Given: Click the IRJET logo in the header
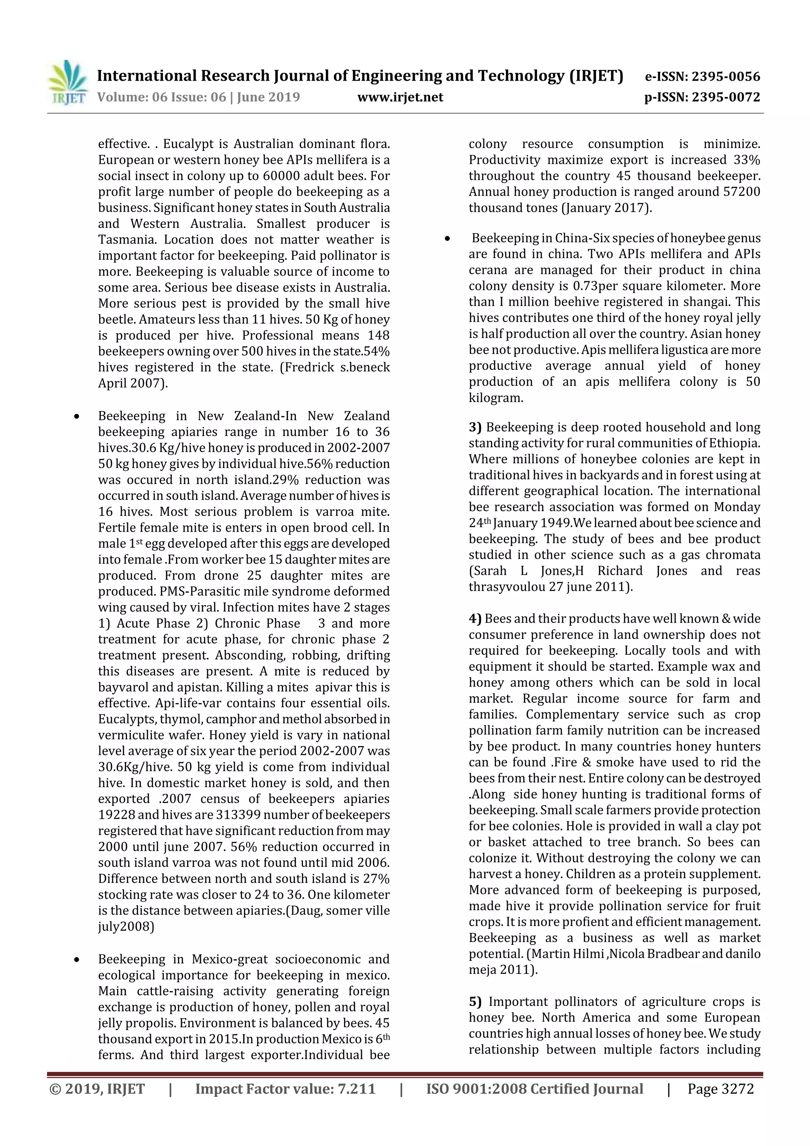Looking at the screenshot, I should (x=67, y=83).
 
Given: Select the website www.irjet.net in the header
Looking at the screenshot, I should (x=400, y=97).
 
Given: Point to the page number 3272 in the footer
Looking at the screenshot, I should (x=737, y=1089).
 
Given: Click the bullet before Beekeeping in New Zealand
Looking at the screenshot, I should (x=76, y=416).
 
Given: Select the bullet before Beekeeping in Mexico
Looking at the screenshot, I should (x=76, y=959).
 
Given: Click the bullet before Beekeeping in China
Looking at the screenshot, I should (x=448, y=239).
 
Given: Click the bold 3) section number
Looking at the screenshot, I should (x=475, y=427).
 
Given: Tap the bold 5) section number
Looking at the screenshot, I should (x=475, y=1002).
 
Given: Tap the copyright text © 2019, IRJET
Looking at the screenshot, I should (x=97, y=1089).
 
